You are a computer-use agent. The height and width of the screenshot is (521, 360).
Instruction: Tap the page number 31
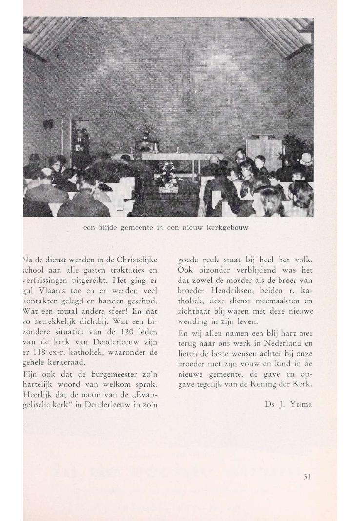tap(306, 477)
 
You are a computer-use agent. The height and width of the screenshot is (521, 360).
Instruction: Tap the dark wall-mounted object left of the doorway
tap(48, 124)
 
